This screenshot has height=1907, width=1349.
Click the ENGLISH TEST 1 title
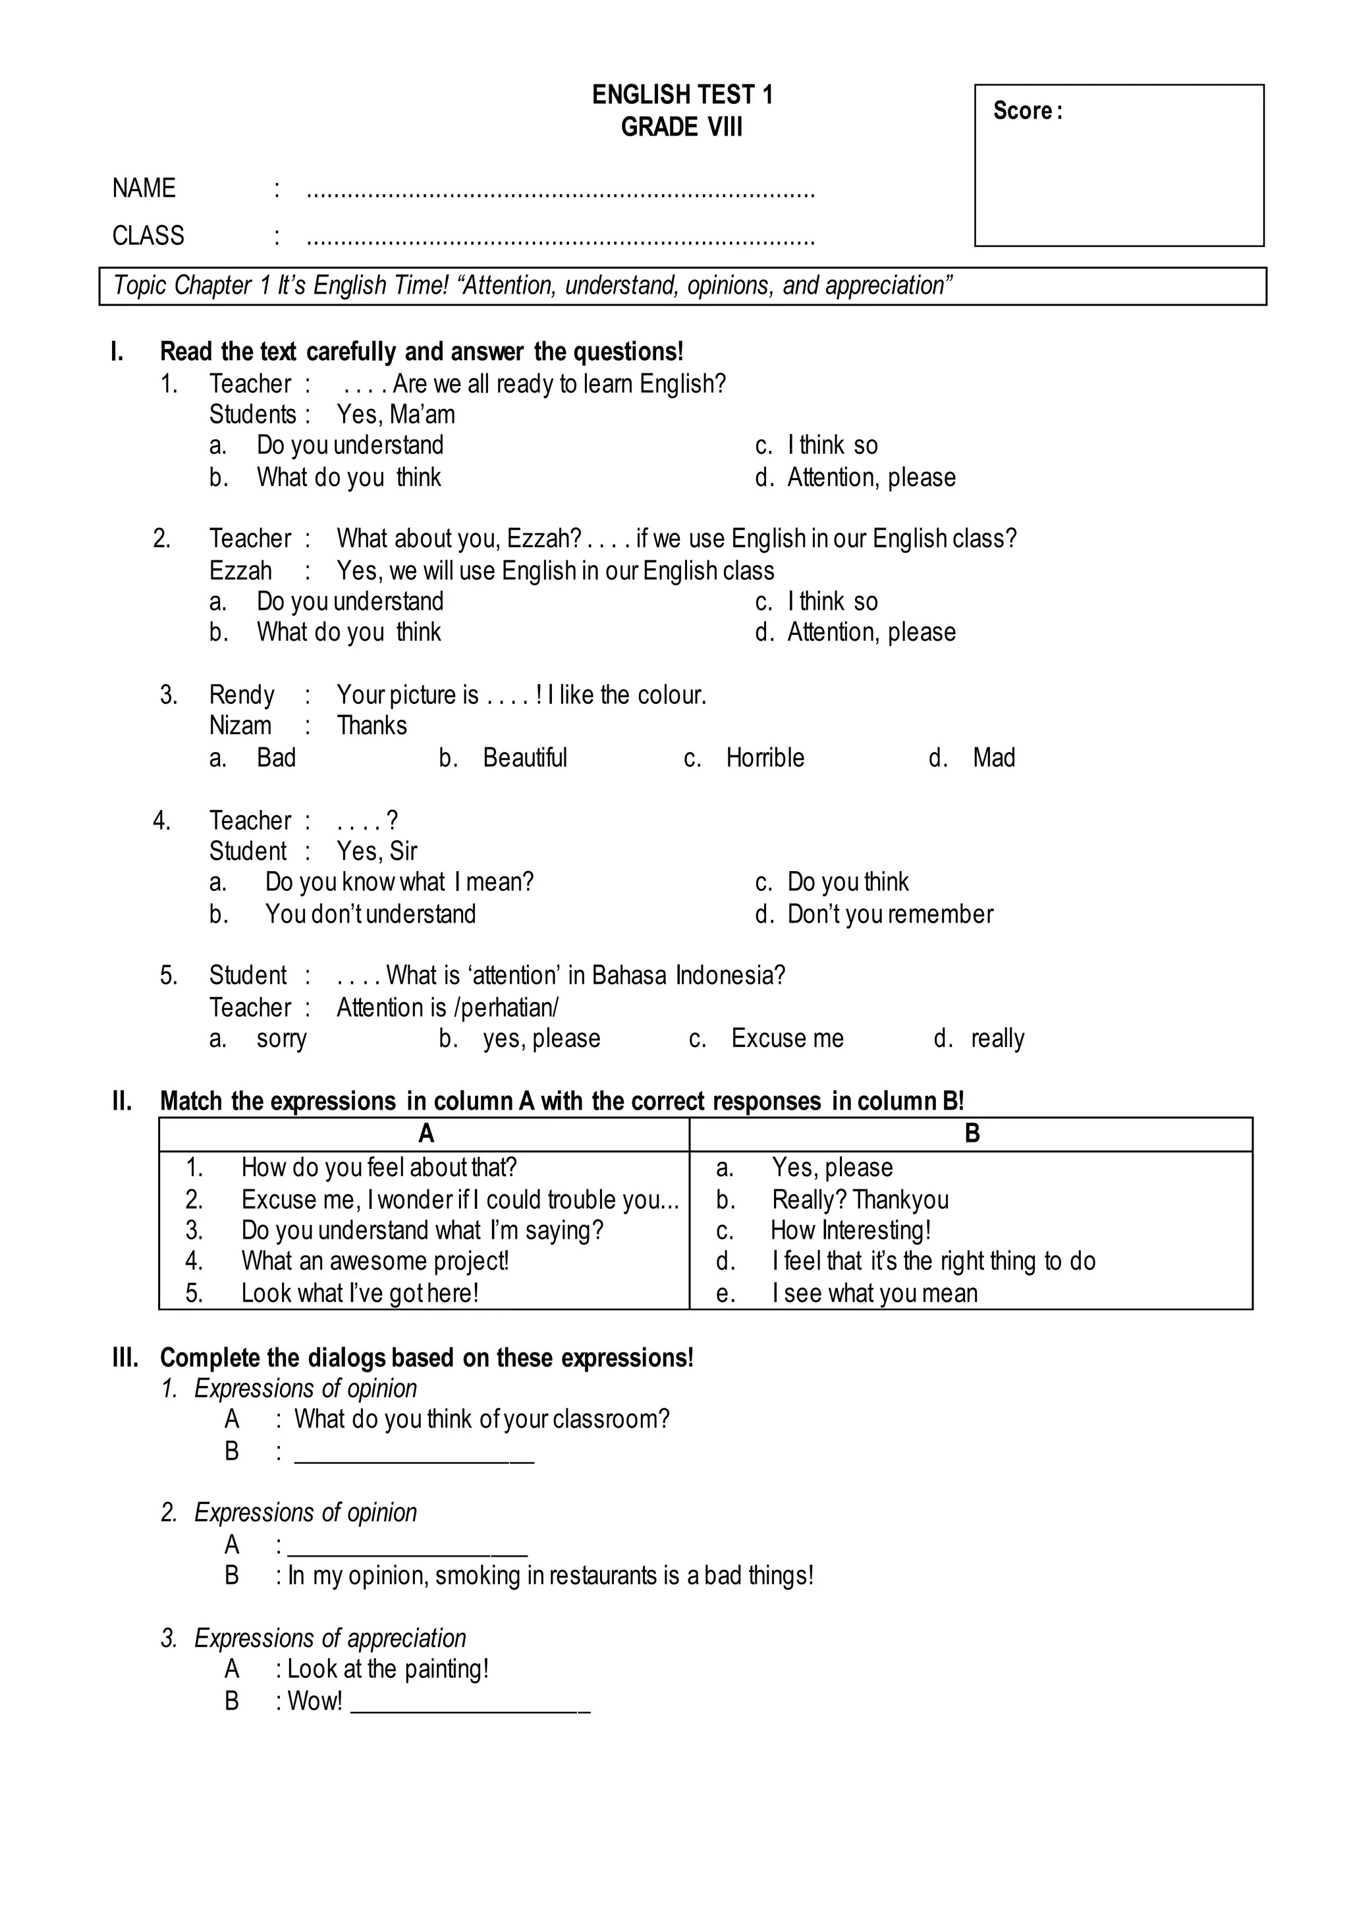coord(682,95)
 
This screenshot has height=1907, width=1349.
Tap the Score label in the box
coord(1026,111)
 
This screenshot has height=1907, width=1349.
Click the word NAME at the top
coord(144,188)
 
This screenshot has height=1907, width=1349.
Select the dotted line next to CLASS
coord(561,241)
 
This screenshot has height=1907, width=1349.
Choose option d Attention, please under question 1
coord(871,477)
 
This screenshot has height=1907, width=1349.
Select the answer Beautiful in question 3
coord(524,757)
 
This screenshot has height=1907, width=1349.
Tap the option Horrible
coord(764,757)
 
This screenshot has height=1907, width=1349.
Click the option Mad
coord(993,757)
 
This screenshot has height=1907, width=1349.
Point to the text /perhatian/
coord(506,1007)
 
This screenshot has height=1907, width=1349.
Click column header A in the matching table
coord(426,1134)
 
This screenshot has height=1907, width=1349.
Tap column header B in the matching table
coord(972,1134)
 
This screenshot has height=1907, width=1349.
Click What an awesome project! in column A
coord(375,1262)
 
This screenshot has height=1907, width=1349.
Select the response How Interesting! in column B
coord(850,1230)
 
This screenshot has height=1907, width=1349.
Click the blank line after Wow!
coord(470,1702)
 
